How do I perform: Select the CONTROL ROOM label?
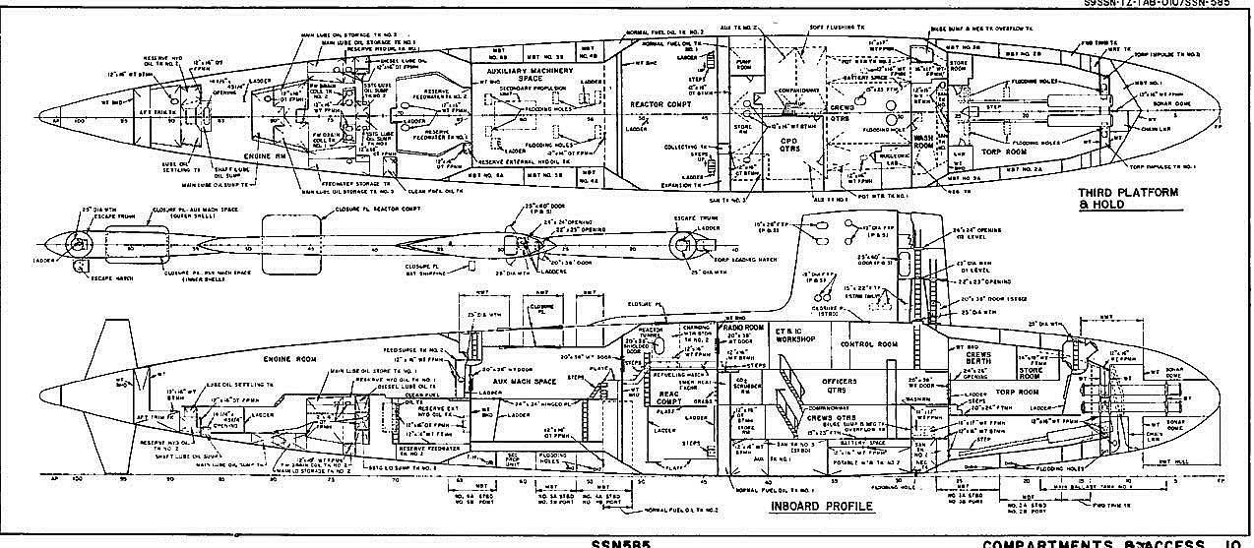pos(866,345)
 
